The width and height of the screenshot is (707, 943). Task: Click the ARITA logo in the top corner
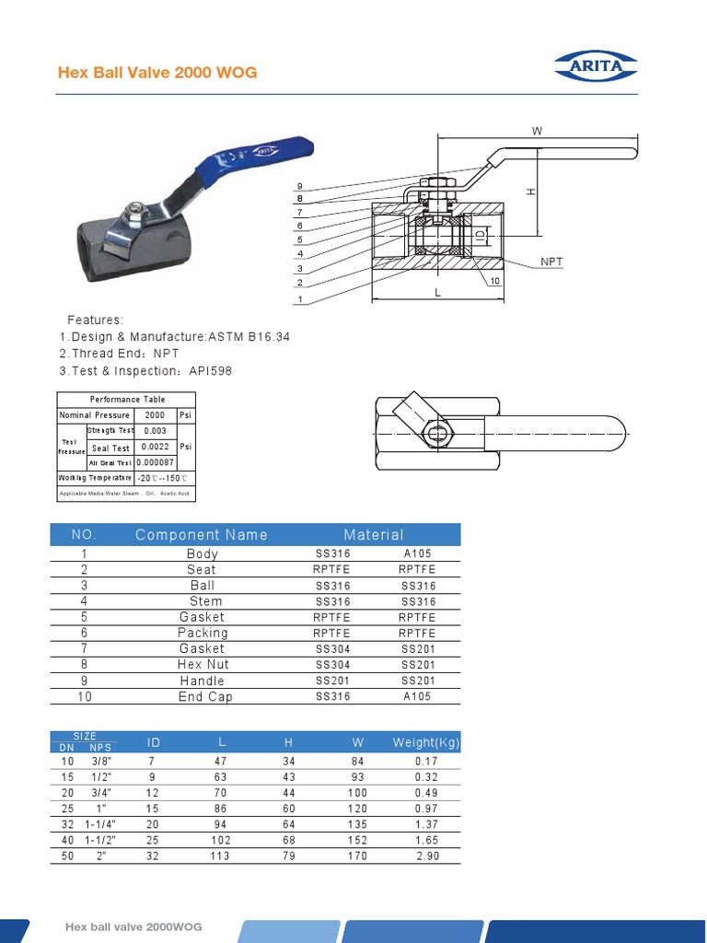pos(595,66)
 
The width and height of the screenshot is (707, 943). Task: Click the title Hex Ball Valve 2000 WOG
pos(157,73)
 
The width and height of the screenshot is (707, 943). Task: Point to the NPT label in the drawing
pos(551,262)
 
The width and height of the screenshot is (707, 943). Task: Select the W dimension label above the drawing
pos(537,132)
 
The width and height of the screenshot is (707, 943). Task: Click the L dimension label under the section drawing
pos(438,293)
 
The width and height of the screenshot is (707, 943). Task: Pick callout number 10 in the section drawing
pos(494,280)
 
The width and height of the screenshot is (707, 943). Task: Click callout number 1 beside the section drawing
pos(299,299)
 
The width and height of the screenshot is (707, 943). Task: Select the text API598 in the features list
pos(210,370)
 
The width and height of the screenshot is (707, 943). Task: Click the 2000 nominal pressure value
pos(155,415)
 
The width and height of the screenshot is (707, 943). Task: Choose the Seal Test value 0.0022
pos(155,448)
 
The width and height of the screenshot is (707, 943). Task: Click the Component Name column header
pos(202,535)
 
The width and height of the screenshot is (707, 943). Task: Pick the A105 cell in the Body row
pos(417,554)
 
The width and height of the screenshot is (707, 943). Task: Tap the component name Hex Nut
pos(203,665)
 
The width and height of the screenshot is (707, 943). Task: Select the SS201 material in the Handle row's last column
pos(417,681)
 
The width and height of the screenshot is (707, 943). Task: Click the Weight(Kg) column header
pos(426,743)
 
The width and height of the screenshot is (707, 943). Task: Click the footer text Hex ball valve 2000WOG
pos(133,926)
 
